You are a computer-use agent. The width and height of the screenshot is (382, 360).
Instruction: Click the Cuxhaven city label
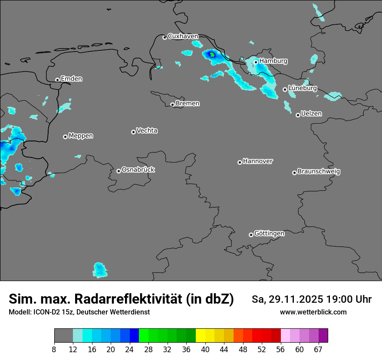point(183,36)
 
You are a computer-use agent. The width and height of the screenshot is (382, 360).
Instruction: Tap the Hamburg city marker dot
point(256,62)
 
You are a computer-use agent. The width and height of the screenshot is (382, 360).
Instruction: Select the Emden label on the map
point(71,79)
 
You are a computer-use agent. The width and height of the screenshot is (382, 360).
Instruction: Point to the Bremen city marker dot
point(172,105)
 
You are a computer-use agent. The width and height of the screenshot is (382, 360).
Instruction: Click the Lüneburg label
point(302,88)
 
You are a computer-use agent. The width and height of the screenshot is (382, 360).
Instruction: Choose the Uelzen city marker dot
point(298,115)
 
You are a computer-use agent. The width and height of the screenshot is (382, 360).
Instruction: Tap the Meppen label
point(81,136)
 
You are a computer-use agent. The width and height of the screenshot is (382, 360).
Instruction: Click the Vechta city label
point(147,131)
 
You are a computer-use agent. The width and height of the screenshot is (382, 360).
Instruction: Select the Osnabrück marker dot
point(119,171)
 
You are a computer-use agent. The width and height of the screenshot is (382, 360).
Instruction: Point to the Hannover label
point(257,161)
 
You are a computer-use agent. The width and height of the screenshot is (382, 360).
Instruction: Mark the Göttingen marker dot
point(251,235)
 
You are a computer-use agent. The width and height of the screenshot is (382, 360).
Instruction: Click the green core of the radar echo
point(212,55)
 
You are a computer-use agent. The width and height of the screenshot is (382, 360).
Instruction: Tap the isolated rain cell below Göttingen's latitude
point(100,270)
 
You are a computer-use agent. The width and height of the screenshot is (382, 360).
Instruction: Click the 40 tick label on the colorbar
point(205,349)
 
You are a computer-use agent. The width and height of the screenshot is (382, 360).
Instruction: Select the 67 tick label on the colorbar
point(319,349)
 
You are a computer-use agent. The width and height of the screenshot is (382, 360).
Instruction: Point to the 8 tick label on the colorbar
point(54,349)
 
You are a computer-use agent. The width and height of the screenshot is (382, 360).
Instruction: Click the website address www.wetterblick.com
point(313,312)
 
